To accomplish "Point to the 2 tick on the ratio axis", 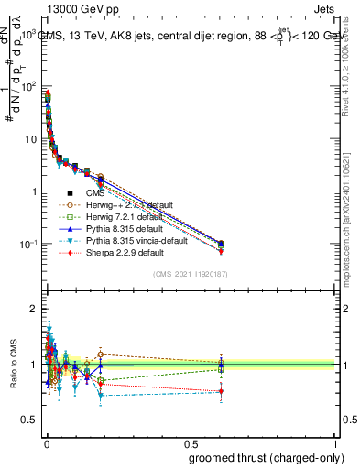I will pos(34,309).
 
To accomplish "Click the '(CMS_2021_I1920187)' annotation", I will pos(190,275).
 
